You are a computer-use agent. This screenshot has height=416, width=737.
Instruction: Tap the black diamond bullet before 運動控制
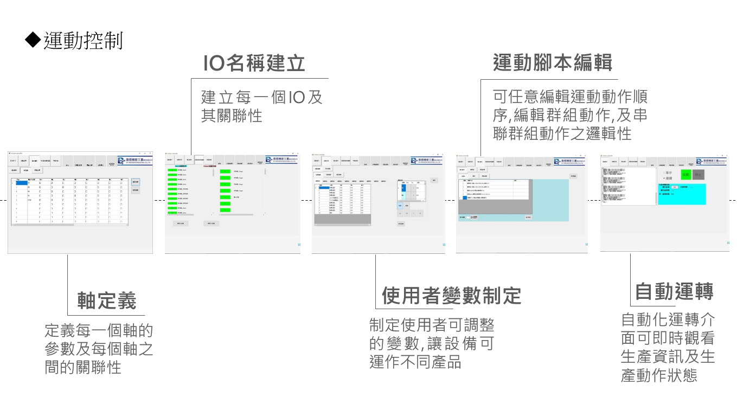(x=33, y=40)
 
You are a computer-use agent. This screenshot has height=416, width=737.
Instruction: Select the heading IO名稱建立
(x=254, y=63)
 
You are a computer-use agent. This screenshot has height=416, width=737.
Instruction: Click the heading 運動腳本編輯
(x=553, y=63)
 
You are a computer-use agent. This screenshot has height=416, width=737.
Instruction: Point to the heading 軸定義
(x=107, y=300)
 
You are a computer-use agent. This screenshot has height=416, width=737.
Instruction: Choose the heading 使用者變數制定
(x=451, y=296)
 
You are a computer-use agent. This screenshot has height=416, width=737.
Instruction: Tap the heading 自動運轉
(x=674, y=292)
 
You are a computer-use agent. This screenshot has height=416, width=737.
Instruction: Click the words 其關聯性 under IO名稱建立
(x=232, y=116)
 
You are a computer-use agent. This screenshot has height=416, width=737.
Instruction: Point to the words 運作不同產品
(x=415, y=362)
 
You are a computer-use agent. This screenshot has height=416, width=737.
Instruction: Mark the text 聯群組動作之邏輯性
(x=562, y=133)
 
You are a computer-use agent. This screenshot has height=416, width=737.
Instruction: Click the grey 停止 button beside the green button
(x=698, y=175)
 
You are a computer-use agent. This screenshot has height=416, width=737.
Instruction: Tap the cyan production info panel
(x=682, y=194)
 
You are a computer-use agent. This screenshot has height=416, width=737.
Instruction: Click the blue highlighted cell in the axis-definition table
(x=22, y=183)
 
